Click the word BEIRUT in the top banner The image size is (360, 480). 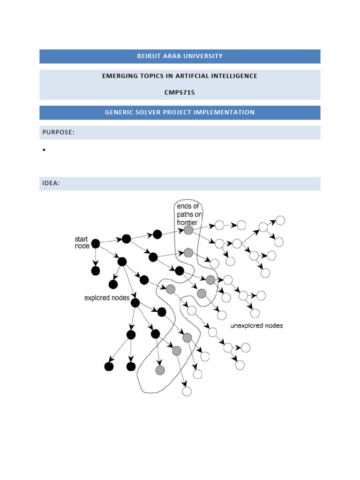pyautogui.click(x=147, y=56)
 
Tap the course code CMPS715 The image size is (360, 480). pyautogui.click(x=180, y=92)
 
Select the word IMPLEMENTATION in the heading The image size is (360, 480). pyautogui.click(x=228, y=112)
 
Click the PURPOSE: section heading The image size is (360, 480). pyautogui.click(x=59, y=133)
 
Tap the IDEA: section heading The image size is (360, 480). pyautogui.click(x=51, y=183)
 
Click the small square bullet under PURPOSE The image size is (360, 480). pyautogui.click(x=43, y=150)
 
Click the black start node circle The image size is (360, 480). pyautogui.click(x=96, y=243)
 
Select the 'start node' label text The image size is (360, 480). pyautogui.click(x=81, y=243)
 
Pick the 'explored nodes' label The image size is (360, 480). pyautogui.click(x=106, y=298)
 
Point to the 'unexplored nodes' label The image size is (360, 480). pyautogui.click(x=256, y=325)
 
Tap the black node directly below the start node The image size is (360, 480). pyautogui.click(x=96, y=271)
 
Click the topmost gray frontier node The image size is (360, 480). pyautogui.click(x=188, y=230)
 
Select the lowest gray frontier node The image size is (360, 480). pyautogui.click(x=160, y=370)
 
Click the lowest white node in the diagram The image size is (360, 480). pyautogui.click(x=187, y=391)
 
